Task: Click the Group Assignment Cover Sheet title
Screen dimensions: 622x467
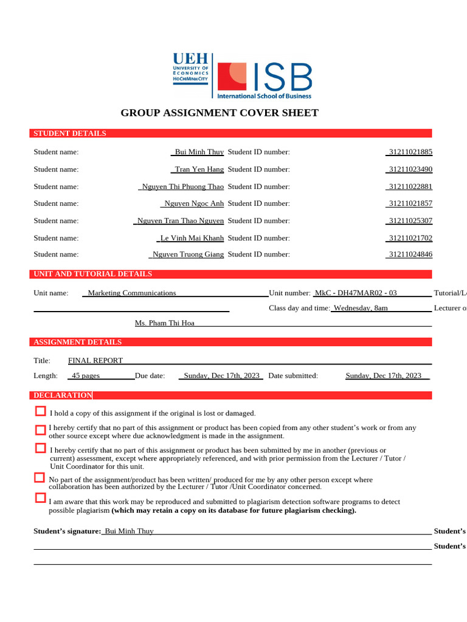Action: pyautogui.click(x=220, y=113)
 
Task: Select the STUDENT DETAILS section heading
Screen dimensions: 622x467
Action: pyautogui.click(x=70, y=134)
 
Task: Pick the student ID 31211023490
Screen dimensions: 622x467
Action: pyautogui.click(x=410, y=169)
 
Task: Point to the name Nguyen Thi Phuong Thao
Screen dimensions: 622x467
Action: pyautogui.click(x=182, y=186)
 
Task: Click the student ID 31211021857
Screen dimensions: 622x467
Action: pyautogui.click(x=410, y=203)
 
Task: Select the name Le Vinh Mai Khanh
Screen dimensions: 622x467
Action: pyautogui.click(x=192, y=238)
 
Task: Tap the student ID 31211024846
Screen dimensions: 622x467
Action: pyautogui.click(x=410, y=255)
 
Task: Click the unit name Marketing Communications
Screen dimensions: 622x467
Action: pyautogui.click(x=132, y=293)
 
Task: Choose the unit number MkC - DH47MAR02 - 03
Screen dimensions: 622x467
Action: pyautogui.click(x=356, y=293)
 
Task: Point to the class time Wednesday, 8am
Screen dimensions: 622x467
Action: pyautogui.click(x=361, y=308)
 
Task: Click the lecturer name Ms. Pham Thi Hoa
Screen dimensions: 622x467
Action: pyautogui.click(x=165, y=323)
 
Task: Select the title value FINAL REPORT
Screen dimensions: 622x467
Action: pyautogui.click(x=95, y=360)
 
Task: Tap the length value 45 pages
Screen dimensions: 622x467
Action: pyautogui.click(x=86, y=376)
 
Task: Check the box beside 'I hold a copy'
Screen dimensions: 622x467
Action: pyautogui.click(x=41, y=412)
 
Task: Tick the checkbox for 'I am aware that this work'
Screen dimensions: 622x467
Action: pyautogui.click(x=41, y=498)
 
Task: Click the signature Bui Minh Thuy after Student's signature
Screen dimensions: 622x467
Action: pyautogui.click(x=130, y=531)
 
